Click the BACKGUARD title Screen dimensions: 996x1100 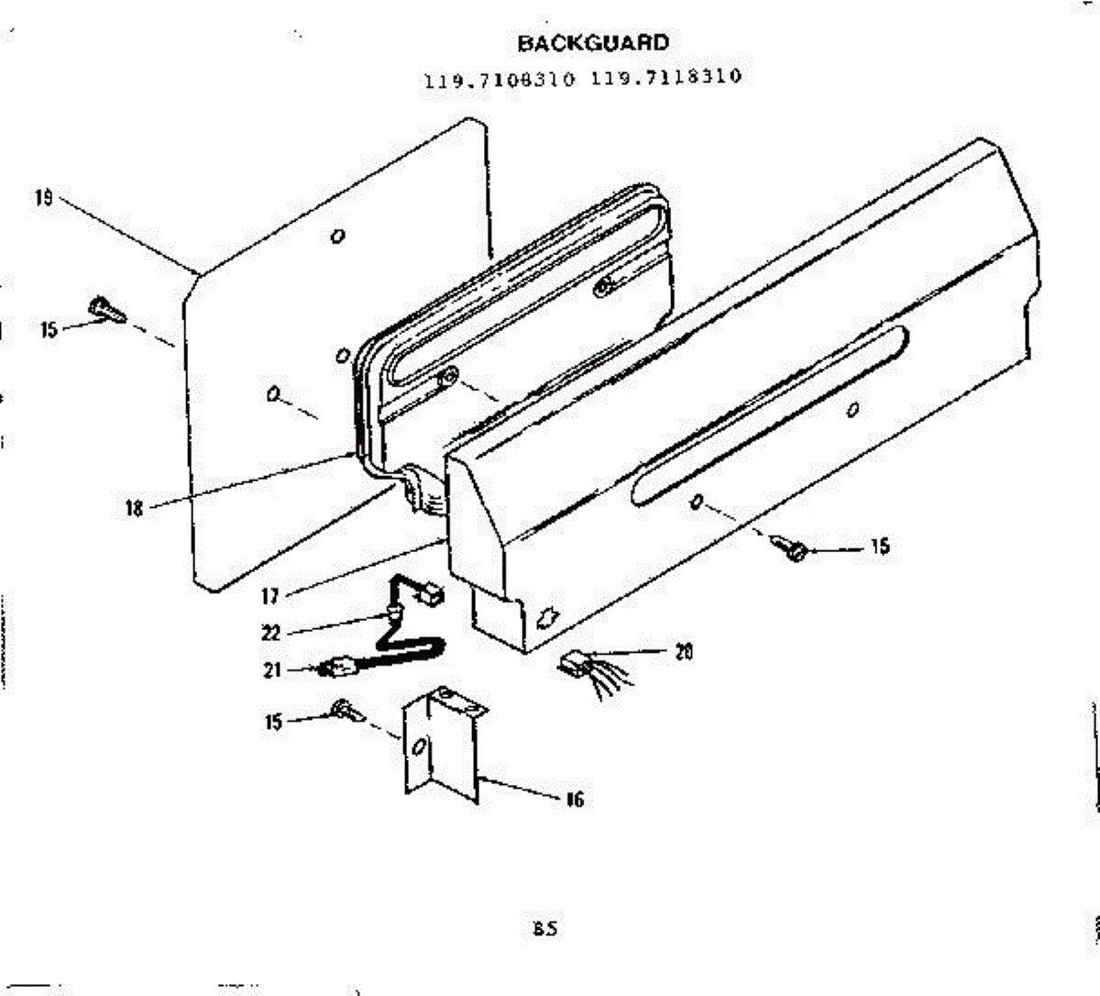point(593,42)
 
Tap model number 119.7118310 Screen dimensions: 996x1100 point(666,77)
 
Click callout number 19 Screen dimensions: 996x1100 point(43,197)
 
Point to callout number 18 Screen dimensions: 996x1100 point(134,508)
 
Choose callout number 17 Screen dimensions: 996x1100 point(269,597)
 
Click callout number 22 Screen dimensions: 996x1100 point(271,633)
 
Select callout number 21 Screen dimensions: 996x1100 point(272,670)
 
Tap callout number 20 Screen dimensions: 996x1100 point(684,652)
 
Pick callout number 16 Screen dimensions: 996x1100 point(574,800)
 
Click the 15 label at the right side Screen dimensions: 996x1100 point(879,547)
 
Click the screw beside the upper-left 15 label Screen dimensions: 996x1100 point(106,309)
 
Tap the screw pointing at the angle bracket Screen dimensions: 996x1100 point(346,711)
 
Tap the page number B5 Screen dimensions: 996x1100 point(544,929)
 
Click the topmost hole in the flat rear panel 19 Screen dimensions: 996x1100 point(338,236)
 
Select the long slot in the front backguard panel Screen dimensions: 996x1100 point(770,415)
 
